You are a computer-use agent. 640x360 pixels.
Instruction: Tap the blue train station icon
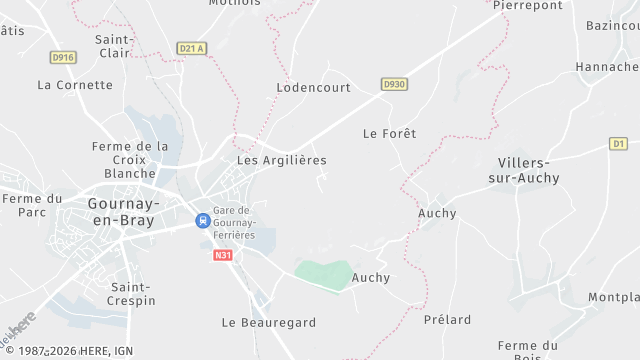pos(202,220)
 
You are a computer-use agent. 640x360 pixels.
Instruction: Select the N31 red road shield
pos(223,255)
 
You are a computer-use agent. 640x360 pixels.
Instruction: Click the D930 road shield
pos(394,85)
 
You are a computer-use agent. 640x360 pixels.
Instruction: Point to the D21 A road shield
pos(190,48)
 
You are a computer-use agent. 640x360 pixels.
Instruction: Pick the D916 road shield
pos(63,58)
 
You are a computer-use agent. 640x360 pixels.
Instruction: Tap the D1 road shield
pos(618,144)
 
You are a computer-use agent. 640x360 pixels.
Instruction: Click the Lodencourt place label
pos(313,88)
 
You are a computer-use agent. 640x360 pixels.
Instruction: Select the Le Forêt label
pos(389,133)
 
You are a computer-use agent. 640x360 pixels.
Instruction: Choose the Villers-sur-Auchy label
pos(528,170)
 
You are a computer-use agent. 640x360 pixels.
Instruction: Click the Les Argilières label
pos(281,160)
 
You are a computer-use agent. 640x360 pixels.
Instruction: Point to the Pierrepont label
pos(527,5)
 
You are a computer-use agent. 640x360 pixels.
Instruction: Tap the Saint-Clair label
pos(115,46)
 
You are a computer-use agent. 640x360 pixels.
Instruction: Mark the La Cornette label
pos(75,85)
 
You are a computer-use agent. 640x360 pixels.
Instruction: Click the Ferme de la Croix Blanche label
pos(130,160)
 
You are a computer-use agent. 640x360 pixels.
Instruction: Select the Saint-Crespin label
pos(131,294)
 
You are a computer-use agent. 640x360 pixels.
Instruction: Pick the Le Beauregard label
pos(268,323)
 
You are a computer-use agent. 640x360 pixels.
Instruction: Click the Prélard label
pos(447,320)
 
